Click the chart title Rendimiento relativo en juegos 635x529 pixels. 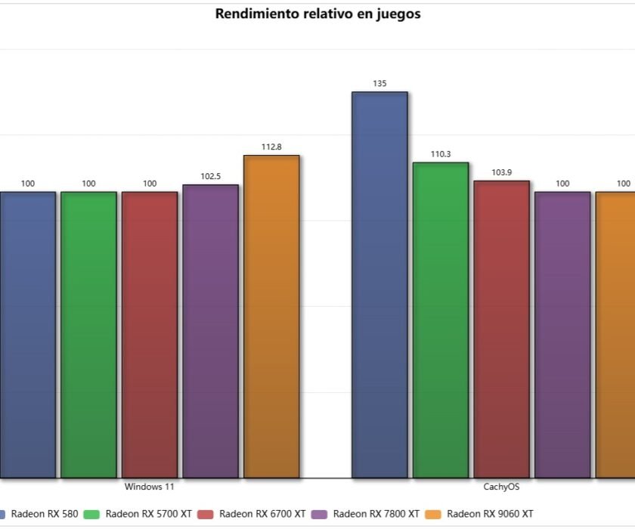(x=317, y=14)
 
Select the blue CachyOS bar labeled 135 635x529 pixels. (x=379, y=285)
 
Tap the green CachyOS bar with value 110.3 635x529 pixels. (x=441, y=320)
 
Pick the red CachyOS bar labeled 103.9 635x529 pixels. (x=501, y=329)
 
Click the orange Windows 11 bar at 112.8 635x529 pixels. (x=271, y=317)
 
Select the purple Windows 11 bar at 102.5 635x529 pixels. (x=210, y=331)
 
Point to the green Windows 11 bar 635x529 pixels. (x=88, y=335)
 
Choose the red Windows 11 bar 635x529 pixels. (x=150, y=335)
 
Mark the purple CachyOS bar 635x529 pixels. (x=562, y=335)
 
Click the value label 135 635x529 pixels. (x=379, y=84)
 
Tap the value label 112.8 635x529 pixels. (x=271, y=147)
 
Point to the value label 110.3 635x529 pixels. (x=441, y=154)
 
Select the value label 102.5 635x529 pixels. (x=210, y=177)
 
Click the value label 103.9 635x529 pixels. (x=501, y=172)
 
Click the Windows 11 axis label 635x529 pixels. (x=150, y=487)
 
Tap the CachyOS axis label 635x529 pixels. (x=501, y=487)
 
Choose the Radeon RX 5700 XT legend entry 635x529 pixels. (x=141, y=514)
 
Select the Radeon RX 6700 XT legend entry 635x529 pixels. (x=255, y=514)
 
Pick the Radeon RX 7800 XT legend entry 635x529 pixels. (x=368, y=514)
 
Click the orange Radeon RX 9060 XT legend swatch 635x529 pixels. (x=433, y=514)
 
